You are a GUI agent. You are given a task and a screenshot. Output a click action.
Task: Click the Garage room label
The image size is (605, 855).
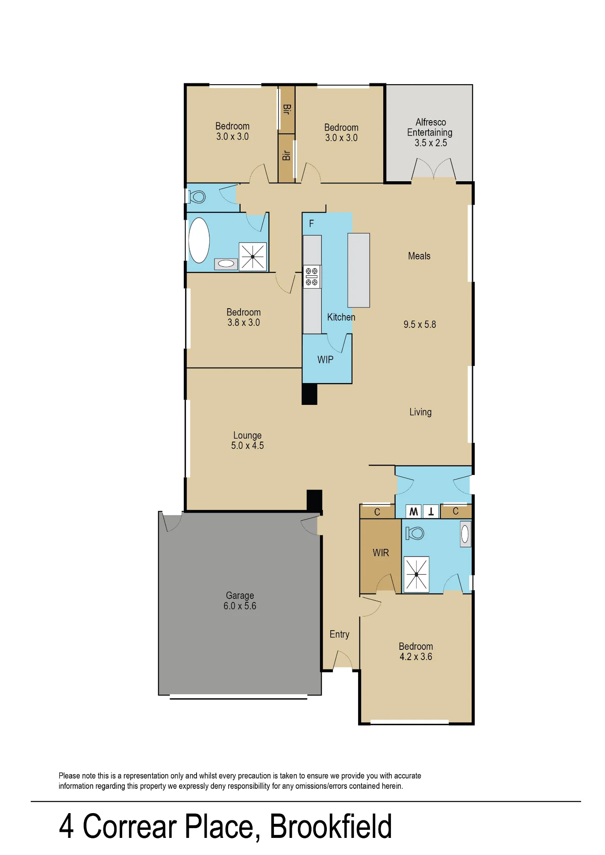pyautogui.click(x=240, y=595)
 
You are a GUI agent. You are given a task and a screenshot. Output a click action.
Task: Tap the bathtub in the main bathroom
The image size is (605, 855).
pyautogui.click(x=199, y=240)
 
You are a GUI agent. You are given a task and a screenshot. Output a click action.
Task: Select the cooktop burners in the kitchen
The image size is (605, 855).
pyautogui.click(x=312, y=277)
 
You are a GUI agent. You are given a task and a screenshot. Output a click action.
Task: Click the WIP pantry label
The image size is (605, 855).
pyautogui.click(x=325, y=360)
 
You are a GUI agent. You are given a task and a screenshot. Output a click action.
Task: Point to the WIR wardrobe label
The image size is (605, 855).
pyautogui.click(x=381, y=553)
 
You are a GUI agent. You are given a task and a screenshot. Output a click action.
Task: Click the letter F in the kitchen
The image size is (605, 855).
pyautogui.click(x=311, y=224)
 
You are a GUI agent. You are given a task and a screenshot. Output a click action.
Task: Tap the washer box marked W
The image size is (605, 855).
pyautogui.click(x=414, y=511)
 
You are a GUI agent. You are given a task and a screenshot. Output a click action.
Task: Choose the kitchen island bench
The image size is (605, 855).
pyautogui.click(x=358, y=270)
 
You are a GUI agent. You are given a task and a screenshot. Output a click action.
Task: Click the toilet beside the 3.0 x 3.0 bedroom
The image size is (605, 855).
pyautogui.click(x=197, y=197)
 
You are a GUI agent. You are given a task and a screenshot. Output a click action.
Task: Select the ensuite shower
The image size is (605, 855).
pyautogui.click(x=416, y=575)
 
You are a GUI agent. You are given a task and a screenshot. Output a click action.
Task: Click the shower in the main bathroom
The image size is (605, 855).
pyautogui.click(x=253, y=256)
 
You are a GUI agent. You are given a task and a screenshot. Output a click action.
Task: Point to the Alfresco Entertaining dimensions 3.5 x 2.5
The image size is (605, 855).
pyautogui.click(x=431, y=143)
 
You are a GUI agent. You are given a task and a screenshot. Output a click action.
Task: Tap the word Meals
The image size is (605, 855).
pyautogui.click(x=419, y=256)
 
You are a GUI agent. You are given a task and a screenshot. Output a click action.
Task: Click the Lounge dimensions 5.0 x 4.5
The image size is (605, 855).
pyautogui.click(x=247, y=445)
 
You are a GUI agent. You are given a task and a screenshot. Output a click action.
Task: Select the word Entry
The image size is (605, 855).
pyautogui.click(x=339, y=634)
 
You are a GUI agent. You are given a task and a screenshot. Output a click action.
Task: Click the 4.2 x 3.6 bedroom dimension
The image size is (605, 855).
pyautogui.click(x=416, y=657)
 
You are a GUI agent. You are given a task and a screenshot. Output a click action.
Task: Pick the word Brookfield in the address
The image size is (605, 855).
pyautogui.click(x=331, y=827)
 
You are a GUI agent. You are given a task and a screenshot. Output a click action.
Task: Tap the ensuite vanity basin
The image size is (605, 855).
pyautogui.click(x=465, y=534)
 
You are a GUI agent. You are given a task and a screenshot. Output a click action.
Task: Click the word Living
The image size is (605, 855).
pyautogui.click(x=420, y=412)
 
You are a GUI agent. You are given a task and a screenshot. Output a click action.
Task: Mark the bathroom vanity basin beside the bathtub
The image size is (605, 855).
pyautogui.click(x=226, y=264)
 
